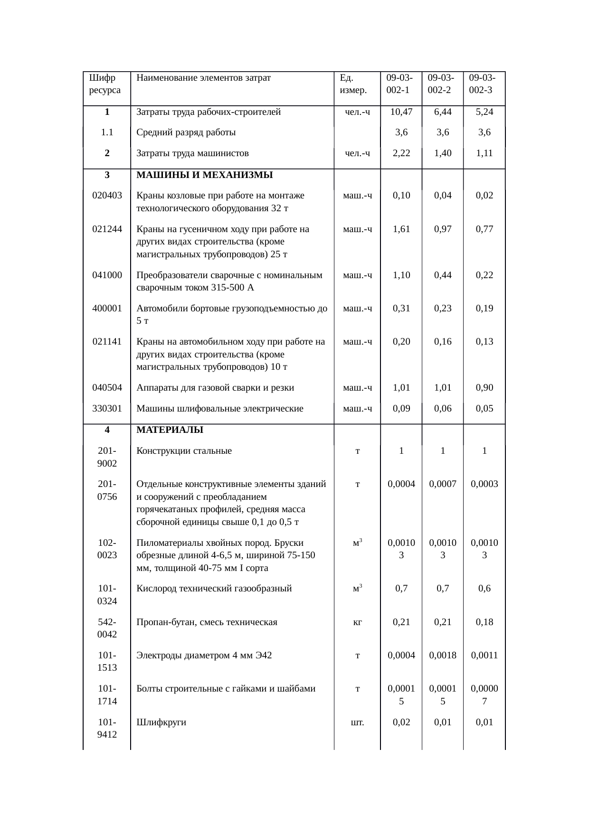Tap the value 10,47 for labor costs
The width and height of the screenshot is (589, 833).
point(401,112)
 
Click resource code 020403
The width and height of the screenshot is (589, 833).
point(107,195)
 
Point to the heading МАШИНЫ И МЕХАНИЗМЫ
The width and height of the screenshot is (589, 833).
point(204,175)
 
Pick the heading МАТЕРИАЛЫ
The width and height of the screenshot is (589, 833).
point(170,430)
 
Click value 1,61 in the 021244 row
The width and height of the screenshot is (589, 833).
point(401,229)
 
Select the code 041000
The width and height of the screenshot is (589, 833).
point(107,275)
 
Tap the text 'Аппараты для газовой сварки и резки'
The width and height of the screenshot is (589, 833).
point(215,387)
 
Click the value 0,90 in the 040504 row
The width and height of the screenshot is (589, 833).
point(484,387)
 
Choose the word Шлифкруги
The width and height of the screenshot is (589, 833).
point(161,722)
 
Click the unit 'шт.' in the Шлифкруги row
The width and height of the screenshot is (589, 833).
point(357,722)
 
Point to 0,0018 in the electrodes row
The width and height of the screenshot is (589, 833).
point(442,655)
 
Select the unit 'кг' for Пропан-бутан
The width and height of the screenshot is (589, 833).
point(357,622)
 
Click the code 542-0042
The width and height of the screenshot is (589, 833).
point(107,628)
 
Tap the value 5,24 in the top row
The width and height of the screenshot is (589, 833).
point(484,112)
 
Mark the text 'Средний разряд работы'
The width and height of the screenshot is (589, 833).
point(186,132)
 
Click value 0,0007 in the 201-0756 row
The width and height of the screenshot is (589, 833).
point(442,484)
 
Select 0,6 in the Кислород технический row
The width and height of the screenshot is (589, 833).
point(484,589)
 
